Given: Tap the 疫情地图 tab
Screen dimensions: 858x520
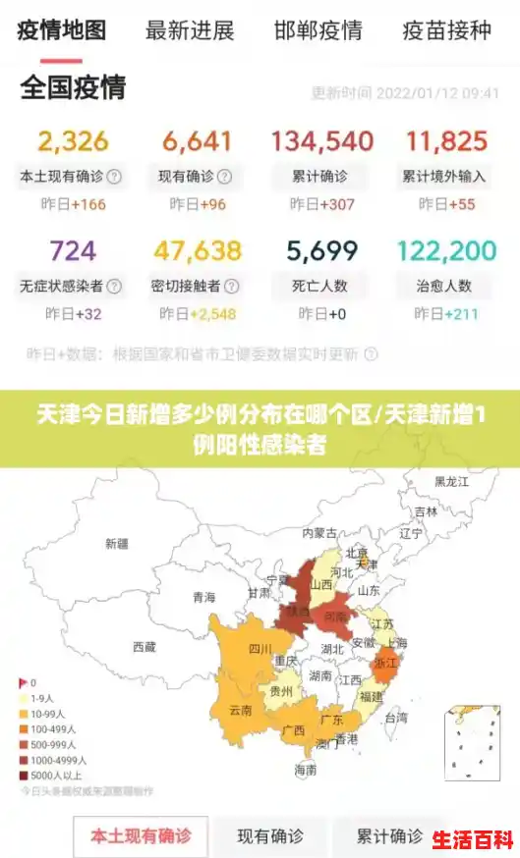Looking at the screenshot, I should (62, 29).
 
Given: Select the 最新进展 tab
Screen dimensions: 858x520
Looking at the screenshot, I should (190, 30).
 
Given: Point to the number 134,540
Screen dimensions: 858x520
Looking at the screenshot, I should (321, 141).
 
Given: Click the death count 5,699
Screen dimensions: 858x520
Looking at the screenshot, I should (322, 251).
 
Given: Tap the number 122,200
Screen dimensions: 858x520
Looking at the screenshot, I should (446, 251).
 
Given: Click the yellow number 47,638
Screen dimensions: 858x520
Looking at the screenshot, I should (197, 251).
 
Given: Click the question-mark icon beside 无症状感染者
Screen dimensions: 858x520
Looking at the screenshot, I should (114, 287).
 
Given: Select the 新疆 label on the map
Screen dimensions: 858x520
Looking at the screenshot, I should (116, 543).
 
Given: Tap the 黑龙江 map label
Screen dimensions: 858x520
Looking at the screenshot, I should (451, 482).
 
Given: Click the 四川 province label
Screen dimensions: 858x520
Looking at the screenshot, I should (260, 649).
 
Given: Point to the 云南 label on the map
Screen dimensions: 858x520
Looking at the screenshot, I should (241, 709).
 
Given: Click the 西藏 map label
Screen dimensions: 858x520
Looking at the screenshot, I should (144, 647).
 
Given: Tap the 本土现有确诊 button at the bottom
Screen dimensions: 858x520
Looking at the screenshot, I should (141, 836).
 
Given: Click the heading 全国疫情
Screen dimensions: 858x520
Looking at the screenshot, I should (73, 87).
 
